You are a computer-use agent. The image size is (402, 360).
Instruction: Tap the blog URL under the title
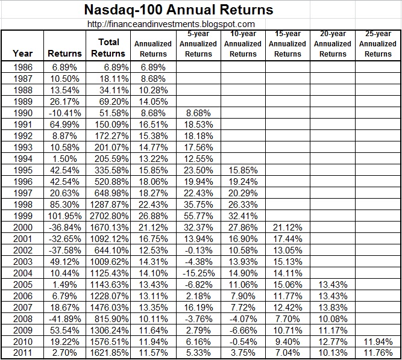tap(171, 24)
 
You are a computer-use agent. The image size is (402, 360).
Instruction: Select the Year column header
tap(23, 54)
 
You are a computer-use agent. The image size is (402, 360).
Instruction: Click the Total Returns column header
tap(108, 48)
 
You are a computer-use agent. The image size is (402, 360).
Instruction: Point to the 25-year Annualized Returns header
tap(378, 44)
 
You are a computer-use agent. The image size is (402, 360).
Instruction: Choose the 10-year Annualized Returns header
tap(243, 44)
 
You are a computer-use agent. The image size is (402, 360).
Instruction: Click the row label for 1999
tap(23, 216)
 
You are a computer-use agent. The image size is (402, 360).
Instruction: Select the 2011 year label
tap(23, 353)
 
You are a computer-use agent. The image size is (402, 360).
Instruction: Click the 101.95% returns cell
tap(64, 216)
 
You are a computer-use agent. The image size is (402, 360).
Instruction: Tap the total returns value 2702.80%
tap(108, 216)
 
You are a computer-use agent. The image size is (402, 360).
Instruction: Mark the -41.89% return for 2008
tap(64, 318)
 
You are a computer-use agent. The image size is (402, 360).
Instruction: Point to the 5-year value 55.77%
tap(198, 216)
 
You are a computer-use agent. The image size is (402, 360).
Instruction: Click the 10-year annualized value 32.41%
tap(243, 216)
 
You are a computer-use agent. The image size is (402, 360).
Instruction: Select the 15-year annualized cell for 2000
tap(287, 227)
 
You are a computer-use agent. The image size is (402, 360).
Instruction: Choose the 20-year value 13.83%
tap(333, 307)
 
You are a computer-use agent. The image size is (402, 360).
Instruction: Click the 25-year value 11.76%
tap(378, 353)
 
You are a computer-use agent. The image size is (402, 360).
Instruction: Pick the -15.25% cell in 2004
tap(198, 273)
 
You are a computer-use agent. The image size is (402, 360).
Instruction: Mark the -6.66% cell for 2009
tap(243, 330)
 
